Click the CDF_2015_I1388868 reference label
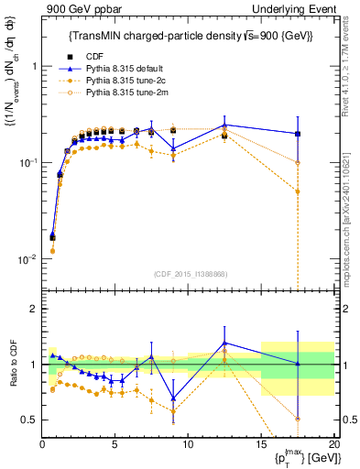point(189,274)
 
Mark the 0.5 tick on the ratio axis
point(30,420)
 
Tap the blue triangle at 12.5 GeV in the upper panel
point(224,125)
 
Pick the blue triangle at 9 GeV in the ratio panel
point(173,398)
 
